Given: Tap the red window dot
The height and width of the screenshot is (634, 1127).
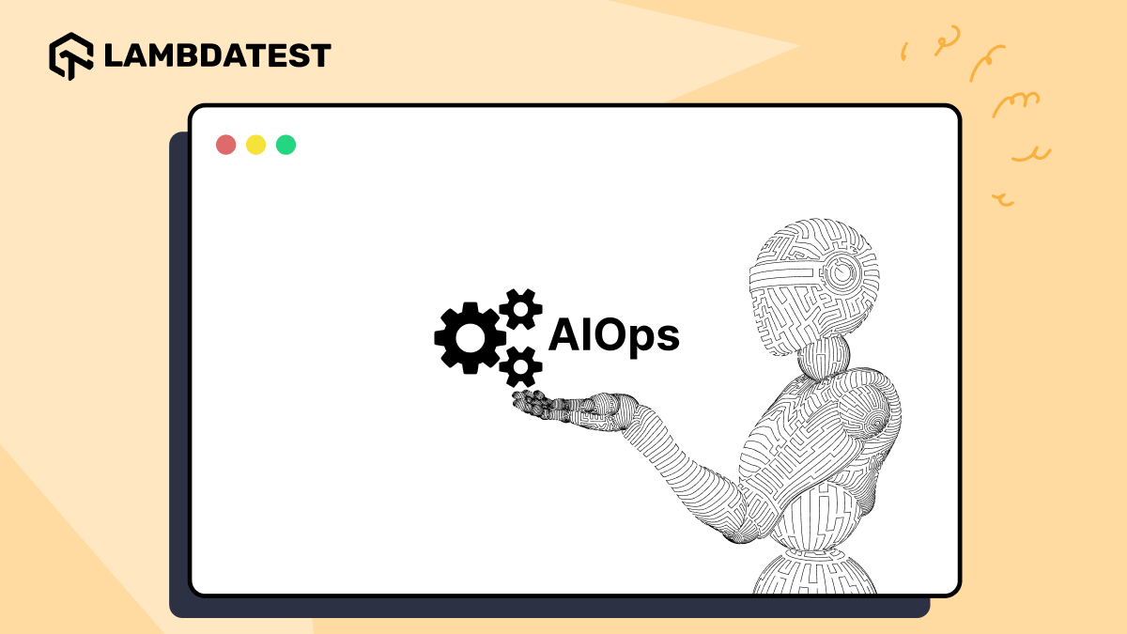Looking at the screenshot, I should (225, 145).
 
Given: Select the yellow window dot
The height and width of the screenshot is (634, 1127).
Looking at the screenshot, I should (255, 145).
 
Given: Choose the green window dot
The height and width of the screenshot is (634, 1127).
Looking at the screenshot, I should (286, 145).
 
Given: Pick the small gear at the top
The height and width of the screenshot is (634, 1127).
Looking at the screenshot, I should (520, 309).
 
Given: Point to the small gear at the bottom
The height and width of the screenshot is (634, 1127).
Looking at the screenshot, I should (520, 366).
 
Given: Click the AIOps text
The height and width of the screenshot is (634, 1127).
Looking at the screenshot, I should (613, 336).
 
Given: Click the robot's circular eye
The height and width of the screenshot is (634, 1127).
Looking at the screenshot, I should (846, 272).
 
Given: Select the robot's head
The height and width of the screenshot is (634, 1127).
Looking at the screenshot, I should (812, 277).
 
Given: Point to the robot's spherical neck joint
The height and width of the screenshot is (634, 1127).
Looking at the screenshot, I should (825, 359).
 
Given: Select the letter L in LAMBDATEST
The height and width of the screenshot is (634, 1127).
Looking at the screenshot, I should (112, 55).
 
